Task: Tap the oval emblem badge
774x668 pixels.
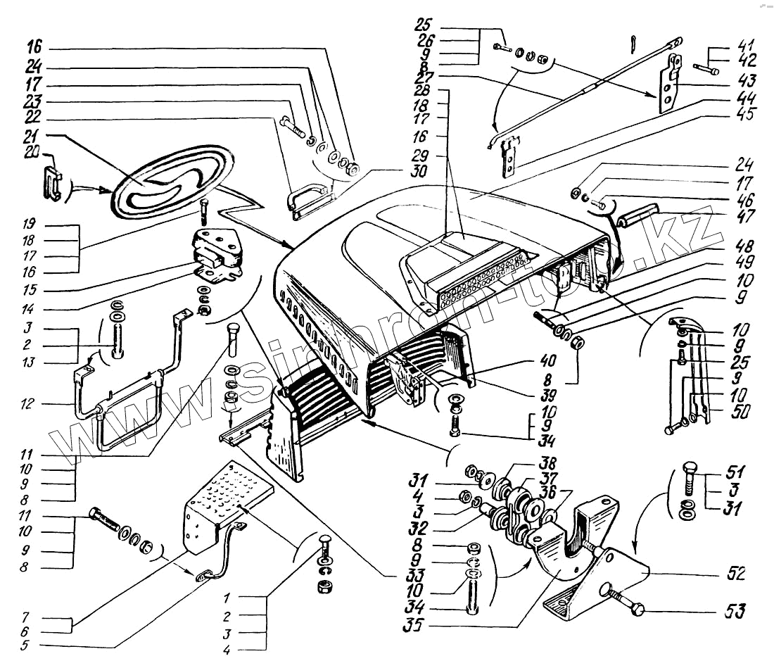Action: pyautogui.click(x=173, y=182)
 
